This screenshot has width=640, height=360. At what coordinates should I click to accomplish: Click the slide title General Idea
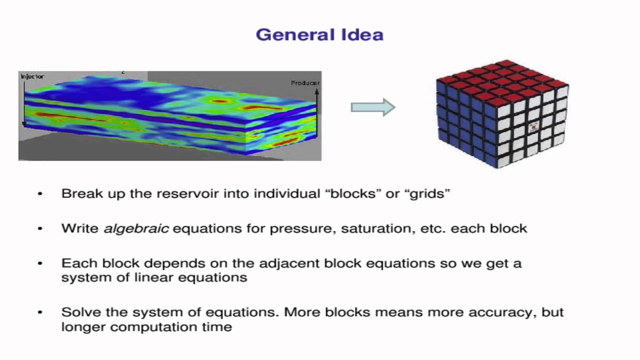click(319, 35)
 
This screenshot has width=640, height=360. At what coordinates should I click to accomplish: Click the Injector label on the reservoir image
click(32, 76)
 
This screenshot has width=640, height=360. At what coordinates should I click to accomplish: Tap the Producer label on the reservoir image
click(304, 83)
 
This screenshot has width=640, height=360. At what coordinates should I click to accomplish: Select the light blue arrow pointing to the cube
click(373, 107)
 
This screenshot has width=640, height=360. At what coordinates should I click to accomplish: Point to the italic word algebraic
click(136, 228)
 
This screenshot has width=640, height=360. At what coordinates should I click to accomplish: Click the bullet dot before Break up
click(40, 194)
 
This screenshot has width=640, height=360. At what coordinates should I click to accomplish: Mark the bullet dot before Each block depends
click(40, 263)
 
